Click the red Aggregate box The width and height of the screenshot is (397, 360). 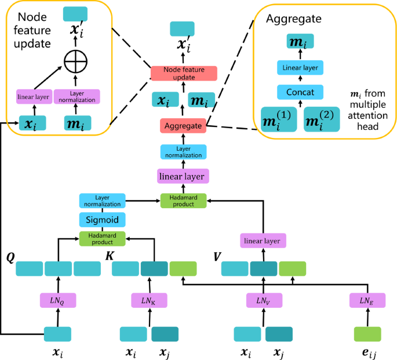pos(183,125)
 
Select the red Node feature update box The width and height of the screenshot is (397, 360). pos(183,73)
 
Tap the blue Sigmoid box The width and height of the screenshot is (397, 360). pos(102,219)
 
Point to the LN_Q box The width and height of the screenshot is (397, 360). pos(58,300)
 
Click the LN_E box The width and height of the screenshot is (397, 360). pos(367,300)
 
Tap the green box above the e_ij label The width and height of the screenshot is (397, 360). pos(367,334)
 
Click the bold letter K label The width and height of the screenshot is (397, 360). pos(108,256)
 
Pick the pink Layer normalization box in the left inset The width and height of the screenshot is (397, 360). pos(78,96)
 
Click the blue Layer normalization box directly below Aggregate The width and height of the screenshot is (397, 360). pos(183,152)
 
